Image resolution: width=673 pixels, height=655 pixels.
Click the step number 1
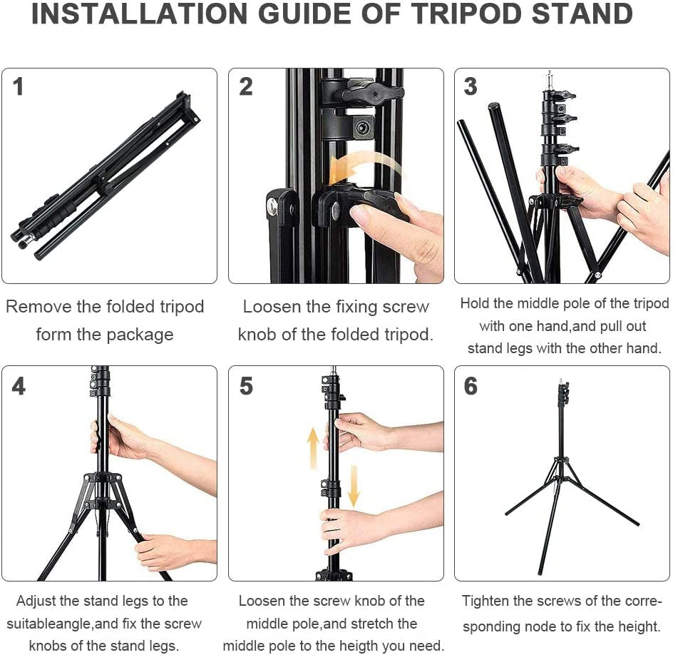[x=19, y=87]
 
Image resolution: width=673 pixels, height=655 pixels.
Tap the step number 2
[x=246, y=87]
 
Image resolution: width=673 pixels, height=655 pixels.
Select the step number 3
[x=471, y=87]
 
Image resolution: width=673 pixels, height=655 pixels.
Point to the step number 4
[x=19, y=386]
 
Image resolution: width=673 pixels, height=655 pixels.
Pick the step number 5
[x=246, y=386]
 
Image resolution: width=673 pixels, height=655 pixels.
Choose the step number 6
[x=471, y=386]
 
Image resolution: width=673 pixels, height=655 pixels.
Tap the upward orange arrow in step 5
[x=313, y=449]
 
